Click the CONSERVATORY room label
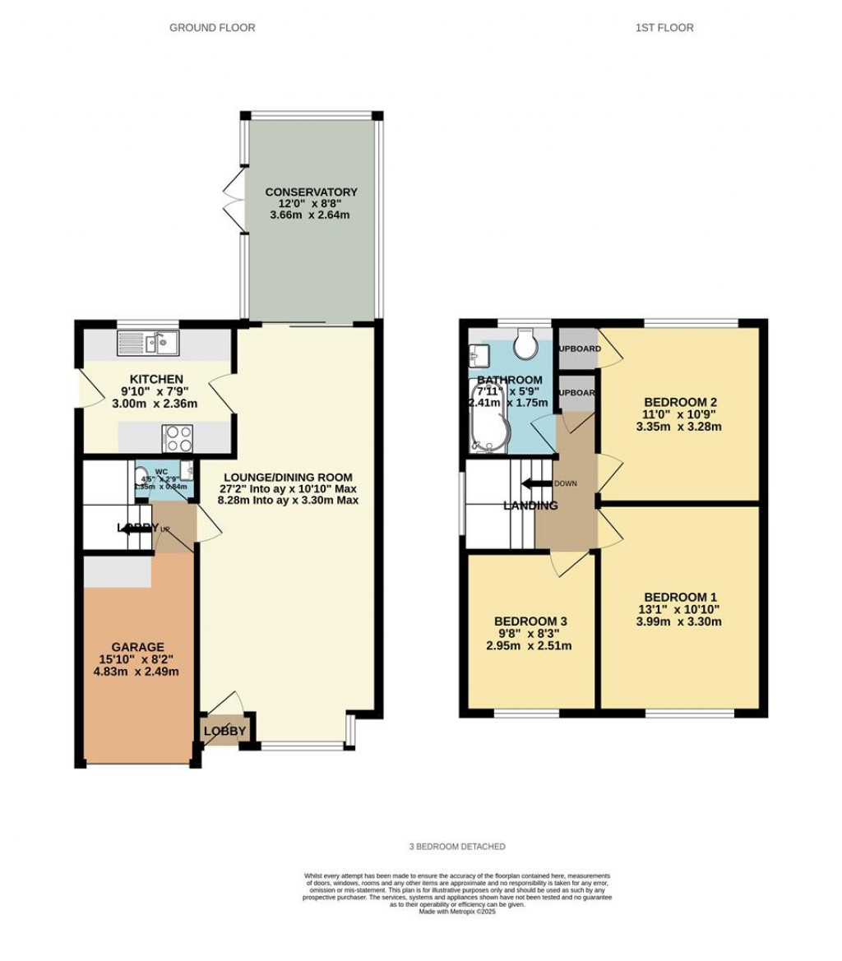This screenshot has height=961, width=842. [311, 192]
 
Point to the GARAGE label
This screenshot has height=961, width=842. [138, 647]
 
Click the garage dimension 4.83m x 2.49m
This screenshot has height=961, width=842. [138, 672]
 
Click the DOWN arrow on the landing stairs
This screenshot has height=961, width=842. [541, 483]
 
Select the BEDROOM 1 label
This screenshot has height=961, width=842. [681, 597]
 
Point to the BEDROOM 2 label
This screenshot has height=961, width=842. [681, 402]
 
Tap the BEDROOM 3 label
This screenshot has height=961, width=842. [530, 621]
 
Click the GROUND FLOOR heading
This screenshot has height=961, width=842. [212, 28]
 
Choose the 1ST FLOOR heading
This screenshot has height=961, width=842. [664, 28]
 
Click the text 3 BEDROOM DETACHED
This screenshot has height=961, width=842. [457, 847]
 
